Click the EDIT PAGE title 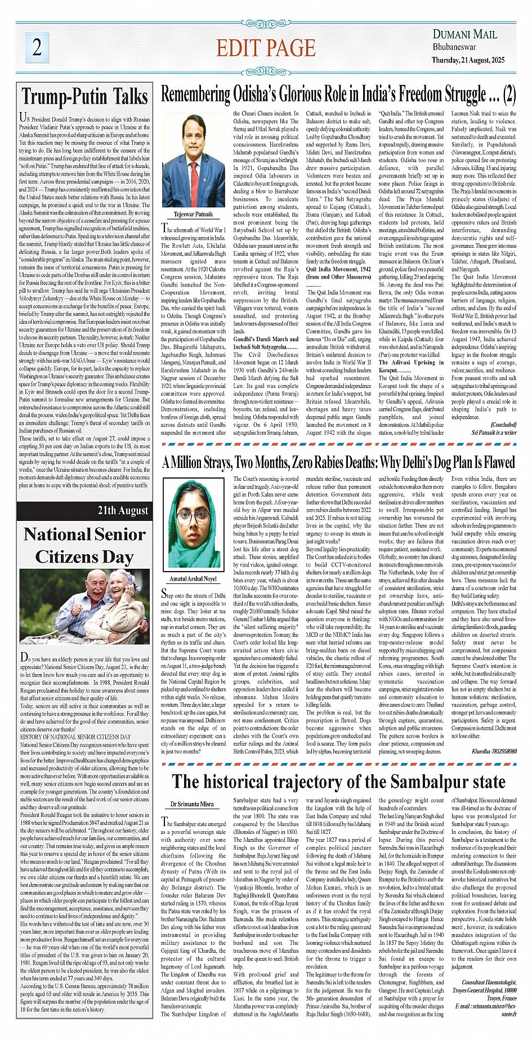(x=266, y=48)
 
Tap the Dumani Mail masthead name (x=464, y=34)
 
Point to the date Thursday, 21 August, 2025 (x=468, y=60)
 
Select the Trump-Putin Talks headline (x=84, y=97)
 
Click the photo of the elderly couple (x=84, y=606)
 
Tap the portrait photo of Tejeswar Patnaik (x=193, y=160)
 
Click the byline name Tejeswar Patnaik (x=193, y=215)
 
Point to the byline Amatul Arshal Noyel (x=193, y=578)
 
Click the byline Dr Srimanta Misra (x=192, y=804)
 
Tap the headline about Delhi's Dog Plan (x=338, y=463)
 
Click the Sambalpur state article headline (x=338, y=782)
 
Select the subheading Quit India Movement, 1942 (x=338, y=269)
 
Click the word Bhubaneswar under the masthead (x=454, y=47)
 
